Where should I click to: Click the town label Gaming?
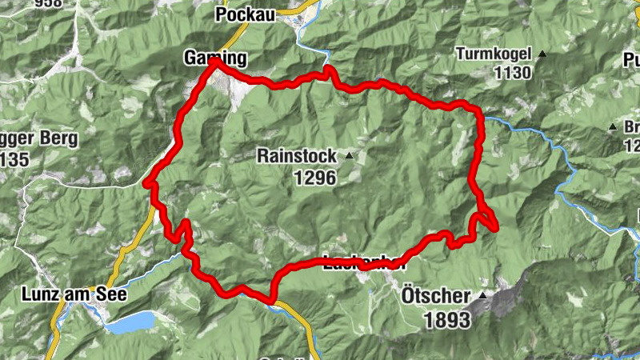tap(215, 58)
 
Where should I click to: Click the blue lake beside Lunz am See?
tap(130, 322)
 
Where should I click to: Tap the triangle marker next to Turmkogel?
tap(542, 54)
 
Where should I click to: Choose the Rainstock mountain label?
tap(296, 156)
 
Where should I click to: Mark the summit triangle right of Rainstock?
tap(350, 155)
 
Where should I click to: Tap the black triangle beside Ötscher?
tap(482, 296)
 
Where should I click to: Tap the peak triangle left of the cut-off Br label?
tap(613, 127)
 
